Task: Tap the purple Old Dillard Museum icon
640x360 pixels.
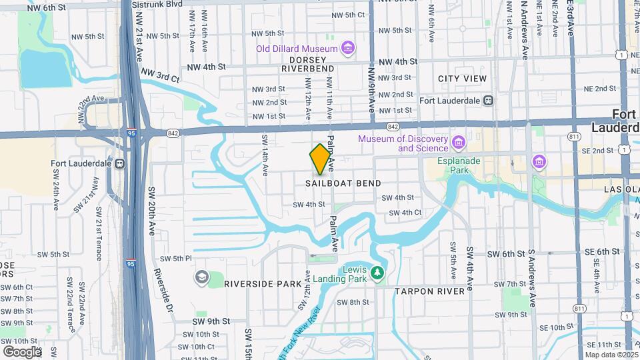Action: coord(347,48)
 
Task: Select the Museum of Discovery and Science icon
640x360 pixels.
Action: coord(458,143)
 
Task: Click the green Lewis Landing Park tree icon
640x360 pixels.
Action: coord(377,273)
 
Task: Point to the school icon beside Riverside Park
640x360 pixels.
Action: coord(201,277)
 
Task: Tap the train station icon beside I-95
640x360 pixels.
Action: coord(120,163)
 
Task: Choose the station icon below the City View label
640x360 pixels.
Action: coord(489,101)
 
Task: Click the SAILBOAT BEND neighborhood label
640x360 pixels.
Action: coord(344,183)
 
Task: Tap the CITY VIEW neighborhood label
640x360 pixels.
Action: coord(462,79)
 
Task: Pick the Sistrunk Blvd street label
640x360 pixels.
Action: coord(157,4)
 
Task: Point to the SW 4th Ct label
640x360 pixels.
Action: coord(405,213)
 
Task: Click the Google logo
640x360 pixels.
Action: coord(22,351)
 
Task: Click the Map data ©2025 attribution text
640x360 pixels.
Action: coord(611,355)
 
